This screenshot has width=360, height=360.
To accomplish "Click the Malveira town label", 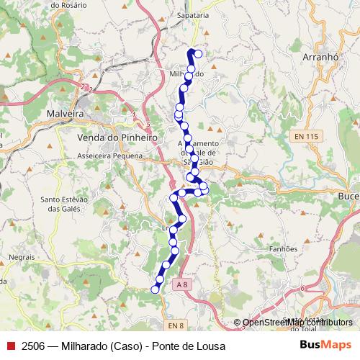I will pos(66,114).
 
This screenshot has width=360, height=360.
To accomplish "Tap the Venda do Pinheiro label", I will pos(117,137).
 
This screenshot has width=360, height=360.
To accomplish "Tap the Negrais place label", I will pos(22,256).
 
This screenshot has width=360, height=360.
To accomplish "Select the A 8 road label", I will pos(183,285).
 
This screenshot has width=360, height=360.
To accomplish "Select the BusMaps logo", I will pos(325,346).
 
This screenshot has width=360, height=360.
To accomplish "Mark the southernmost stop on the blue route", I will pos(154,289).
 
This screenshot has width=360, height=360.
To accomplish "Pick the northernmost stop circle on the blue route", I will pos(198,54).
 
